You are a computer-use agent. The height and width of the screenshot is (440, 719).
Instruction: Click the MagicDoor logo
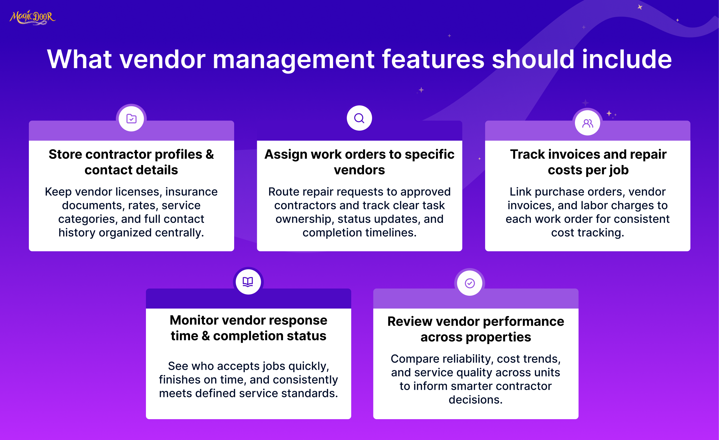(x=32, y=17)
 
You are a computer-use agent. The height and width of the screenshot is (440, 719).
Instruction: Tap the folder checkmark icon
(x=131, y=119)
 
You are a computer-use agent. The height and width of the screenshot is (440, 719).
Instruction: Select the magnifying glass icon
(x=359, y=118)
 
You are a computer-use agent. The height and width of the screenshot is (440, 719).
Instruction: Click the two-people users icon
(x=588, y=123)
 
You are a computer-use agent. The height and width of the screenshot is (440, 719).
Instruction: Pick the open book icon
(x=248, y=282)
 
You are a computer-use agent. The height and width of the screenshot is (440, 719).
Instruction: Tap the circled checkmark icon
(x=470, y=283)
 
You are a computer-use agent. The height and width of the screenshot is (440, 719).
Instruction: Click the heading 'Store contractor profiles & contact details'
(x=131, y=162)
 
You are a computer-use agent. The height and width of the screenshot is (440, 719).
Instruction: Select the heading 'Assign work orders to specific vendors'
(x=359, y=162)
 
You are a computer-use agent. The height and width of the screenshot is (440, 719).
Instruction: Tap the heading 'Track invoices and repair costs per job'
(x=588, y=162)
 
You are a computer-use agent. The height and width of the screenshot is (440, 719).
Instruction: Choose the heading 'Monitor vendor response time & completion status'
(x=248, y=328)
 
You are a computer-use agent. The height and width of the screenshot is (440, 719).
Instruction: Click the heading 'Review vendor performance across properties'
(x=476, y=329)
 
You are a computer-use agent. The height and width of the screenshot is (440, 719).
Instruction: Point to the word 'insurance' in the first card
(x=191, y=192)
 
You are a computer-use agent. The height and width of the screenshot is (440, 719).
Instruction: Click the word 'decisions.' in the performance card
(x=476, y=400)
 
